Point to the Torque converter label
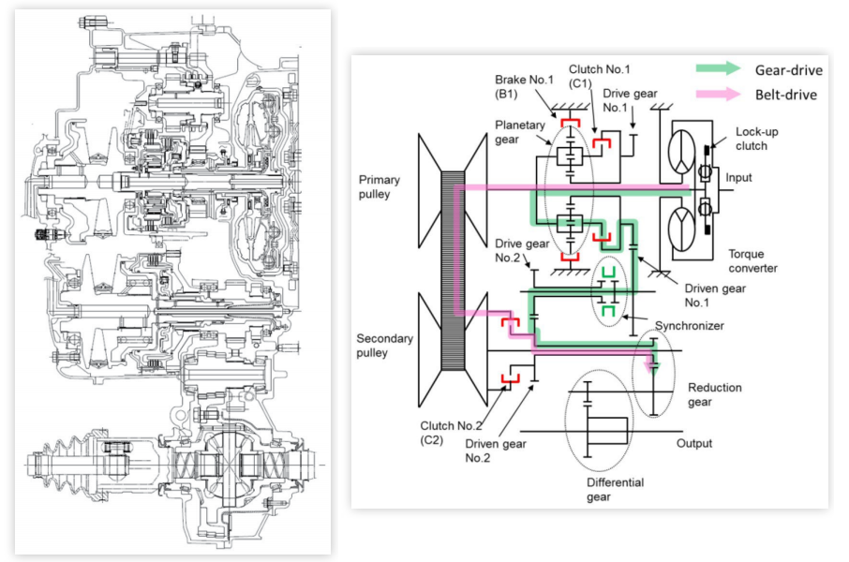(753, 260)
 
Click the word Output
(693, 443)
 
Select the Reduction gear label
(714, 394)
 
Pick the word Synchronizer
(689, 326)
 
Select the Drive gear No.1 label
(630, 100)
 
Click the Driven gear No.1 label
(715, 295)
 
